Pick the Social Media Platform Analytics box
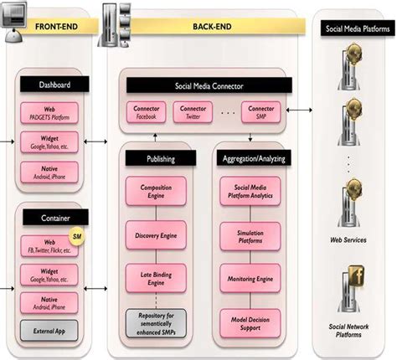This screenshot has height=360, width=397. pos(249,194)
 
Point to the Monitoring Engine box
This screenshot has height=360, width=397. pos(249,277)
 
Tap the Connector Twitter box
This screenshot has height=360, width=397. pos(193,112)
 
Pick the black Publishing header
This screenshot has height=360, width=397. pos(161,158)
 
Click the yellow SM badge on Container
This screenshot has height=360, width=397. pos(75,237)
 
